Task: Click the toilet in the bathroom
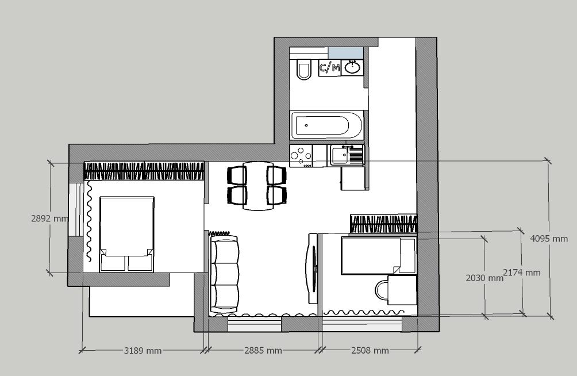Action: point(304,69)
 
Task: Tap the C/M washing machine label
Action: point(329,68)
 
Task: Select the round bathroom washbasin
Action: point(352,67)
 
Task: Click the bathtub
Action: point(327,125)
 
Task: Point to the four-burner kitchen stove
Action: point(301,156)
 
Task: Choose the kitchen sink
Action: point(347,155)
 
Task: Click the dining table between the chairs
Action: point(258,186)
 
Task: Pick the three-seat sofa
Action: point(224,274)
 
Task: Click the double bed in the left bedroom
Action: point(126,234)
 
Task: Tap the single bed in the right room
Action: point(378,256)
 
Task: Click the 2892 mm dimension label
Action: point(49,218)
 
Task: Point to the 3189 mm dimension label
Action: point(143,351)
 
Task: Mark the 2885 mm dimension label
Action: point(263,351)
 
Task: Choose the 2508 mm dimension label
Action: point(370,350)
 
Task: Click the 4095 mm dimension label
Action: point(549,239)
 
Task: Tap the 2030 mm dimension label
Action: point(484,278)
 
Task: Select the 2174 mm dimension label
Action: point(522,273)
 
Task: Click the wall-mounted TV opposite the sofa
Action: point(313,268)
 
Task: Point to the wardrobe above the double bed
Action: point(144,171)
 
